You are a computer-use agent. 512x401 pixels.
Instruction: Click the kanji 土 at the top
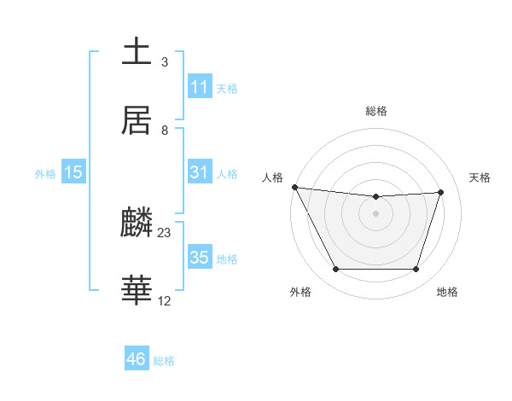pos(137,51)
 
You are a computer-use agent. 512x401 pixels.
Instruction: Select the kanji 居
pos(137,120)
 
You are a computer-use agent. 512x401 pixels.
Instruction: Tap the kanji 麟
pos(137,224)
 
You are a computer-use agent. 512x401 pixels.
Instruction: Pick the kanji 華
pos(137,291)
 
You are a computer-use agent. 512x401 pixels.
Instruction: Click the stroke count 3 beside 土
pos(165,62)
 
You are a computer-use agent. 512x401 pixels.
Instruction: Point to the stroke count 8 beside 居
pos(165,131)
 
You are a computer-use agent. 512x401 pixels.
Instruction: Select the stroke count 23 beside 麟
pos(165,233)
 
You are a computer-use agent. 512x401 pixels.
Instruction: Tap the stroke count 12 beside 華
pos(165,301)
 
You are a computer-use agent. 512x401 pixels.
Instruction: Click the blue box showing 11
pos(200,87)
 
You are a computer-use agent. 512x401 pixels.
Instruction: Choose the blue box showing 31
pos(200,172)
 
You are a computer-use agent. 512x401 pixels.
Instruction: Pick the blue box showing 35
pos(200,258)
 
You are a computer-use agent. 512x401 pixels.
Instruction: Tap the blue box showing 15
pos(73,172)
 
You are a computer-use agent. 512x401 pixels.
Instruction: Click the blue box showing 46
pos(137,359)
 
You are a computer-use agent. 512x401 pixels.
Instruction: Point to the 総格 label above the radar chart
pos(376,111)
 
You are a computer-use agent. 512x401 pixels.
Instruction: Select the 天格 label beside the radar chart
pos(480,177)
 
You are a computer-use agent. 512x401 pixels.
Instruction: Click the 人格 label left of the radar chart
pos(272,177)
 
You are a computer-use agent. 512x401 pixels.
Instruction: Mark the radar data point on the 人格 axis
pos(294,187)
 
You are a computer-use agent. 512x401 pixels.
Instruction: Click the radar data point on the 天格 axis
pos(440,192)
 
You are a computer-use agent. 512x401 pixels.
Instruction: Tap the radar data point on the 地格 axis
pos(416,270)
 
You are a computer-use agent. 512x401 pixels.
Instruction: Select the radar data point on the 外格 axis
pos(335,270)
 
